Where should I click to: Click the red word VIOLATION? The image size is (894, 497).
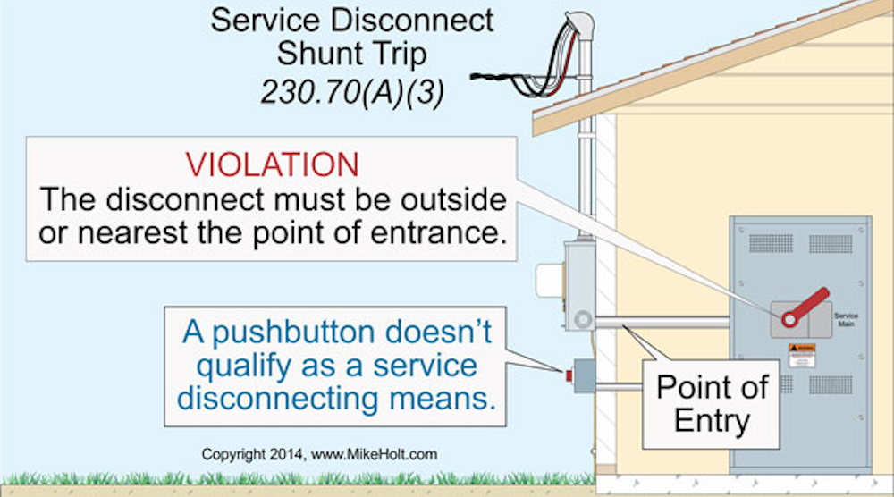(x=272, y=164)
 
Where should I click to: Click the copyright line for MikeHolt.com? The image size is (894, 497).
(x=319, y=454)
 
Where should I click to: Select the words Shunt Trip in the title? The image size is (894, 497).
(x=351, y=55)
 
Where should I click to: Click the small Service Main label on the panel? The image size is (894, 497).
(x=846, y=320)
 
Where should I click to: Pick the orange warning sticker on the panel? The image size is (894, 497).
(x=801, y=349)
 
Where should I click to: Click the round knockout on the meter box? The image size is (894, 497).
(x=583, y=317)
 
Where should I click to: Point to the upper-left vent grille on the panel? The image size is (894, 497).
(x=771, y=243)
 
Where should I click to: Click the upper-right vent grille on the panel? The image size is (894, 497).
(x=830, y=243)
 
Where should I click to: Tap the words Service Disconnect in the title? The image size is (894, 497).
(x=351, y=20)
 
